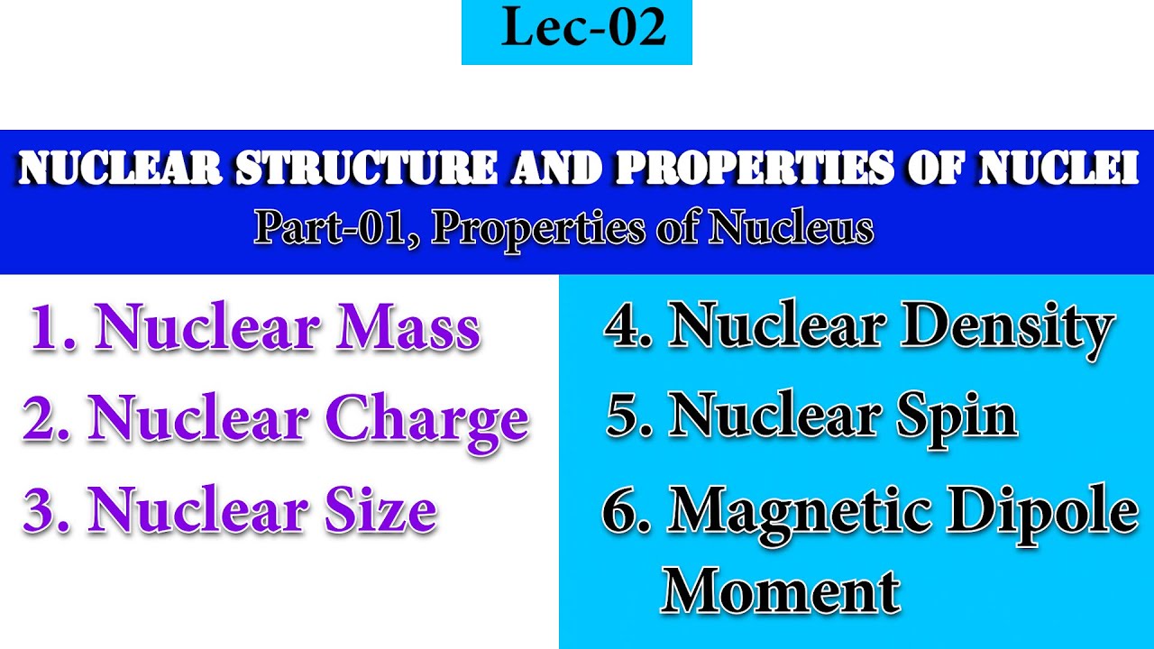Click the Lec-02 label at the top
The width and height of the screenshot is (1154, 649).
coord(577,29)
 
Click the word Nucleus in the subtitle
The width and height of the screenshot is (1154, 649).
coord(791,229)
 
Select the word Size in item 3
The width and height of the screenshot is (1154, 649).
coord(380,510)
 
